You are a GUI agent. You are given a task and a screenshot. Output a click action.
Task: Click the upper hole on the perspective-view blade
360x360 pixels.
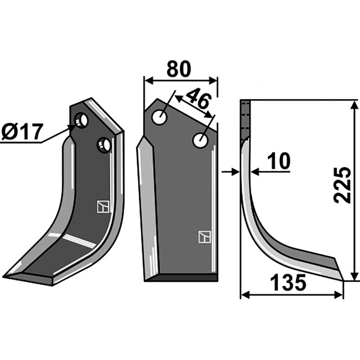coord(81,121)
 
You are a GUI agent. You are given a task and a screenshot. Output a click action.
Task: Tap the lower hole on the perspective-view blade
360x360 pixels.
coord(103,145)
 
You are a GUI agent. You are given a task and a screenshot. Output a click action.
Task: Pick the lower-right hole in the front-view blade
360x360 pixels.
coord(200,140)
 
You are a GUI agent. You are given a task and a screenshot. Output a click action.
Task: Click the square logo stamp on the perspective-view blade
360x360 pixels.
coord(103,206)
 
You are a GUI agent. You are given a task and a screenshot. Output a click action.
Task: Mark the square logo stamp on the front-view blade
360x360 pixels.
coord(204,236)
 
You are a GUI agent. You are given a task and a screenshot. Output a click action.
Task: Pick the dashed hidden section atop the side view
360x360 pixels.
coord(245,119)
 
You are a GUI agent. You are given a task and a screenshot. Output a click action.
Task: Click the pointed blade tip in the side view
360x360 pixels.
coord(343,279)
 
